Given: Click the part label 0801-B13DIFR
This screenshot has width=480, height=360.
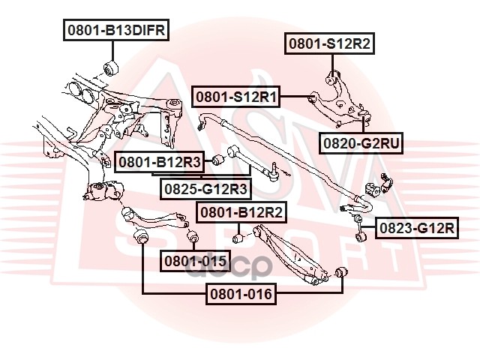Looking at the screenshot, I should click(115, 31).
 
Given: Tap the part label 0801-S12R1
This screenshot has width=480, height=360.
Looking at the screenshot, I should click(236, 97).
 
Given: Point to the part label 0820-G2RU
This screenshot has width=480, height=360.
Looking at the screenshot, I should click(358, 141).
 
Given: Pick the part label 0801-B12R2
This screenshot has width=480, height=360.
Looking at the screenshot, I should click(241, 212).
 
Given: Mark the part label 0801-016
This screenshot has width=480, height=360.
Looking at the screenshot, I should click(241, 293).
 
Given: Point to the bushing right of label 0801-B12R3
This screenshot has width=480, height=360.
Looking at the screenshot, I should click(220, 159).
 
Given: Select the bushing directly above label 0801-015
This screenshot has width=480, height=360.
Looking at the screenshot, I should click(191, 238).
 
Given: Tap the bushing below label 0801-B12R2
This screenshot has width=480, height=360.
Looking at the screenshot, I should click(238, 238).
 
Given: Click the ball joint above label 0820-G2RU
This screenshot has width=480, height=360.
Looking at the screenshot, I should click(365, 115).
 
